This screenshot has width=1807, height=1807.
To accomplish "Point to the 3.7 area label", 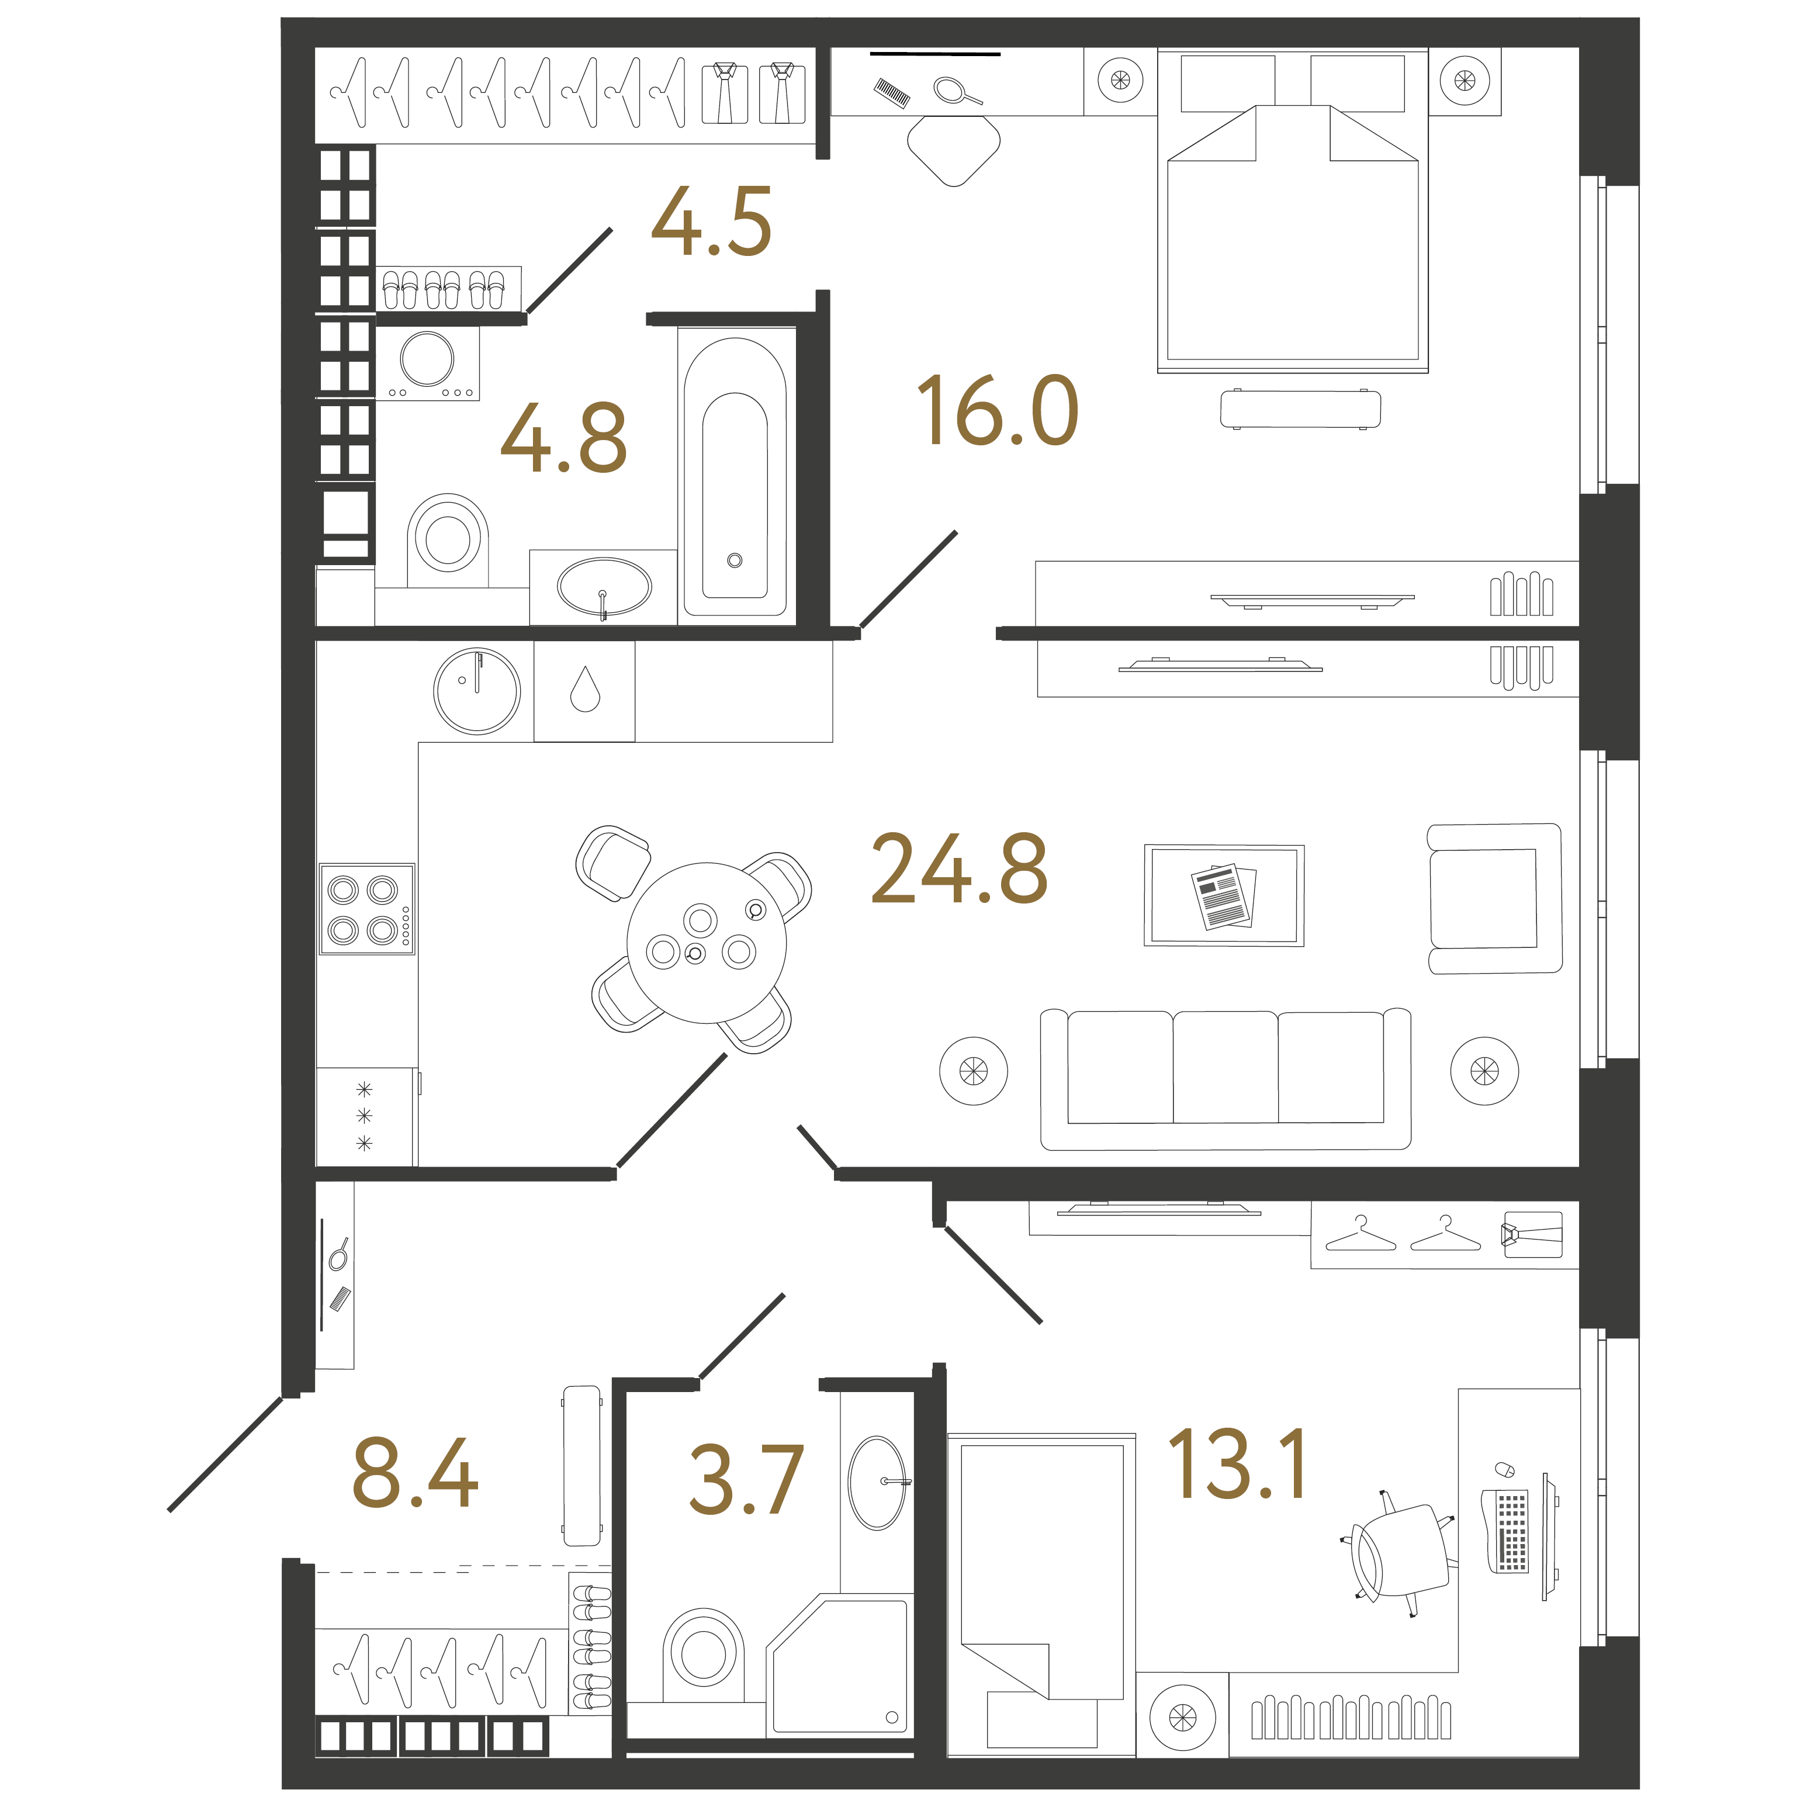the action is pos(746,1480).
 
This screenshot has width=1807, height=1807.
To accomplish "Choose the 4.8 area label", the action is pos(564,438).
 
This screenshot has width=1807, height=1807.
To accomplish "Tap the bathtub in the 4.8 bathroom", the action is pos(735,472).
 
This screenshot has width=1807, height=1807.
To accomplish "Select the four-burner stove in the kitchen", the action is pos(366,909).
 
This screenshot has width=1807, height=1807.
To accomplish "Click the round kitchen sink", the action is pos(477,691).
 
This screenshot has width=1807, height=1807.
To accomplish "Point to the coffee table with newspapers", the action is pos(1223,895).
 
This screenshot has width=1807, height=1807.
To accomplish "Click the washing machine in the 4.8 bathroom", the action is pos(427,363).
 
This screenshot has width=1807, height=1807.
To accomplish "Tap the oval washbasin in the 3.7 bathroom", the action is pos(877,1483).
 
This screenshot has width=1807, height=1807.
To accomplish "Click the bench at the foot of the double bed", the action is pos(1300,409).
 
